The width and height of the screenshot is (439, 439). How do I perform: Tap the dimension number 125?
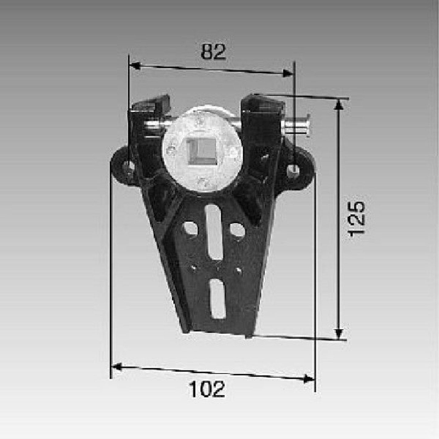[x=356, y=218]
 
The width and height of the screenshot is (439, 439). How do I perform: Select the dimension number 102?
[x=207, y=389]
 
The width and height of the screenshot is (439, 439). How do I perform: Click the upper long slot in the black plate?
[x=214, y=231]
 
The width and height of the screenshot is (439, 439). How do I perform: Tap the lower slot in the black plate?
[x=218, y=299]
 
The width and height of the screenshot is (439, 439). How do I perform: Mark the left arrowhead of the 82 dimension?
[x=134, y=66]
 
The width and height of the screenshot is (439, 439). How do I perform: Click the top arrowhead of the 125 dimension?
[x=340, y=105]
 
